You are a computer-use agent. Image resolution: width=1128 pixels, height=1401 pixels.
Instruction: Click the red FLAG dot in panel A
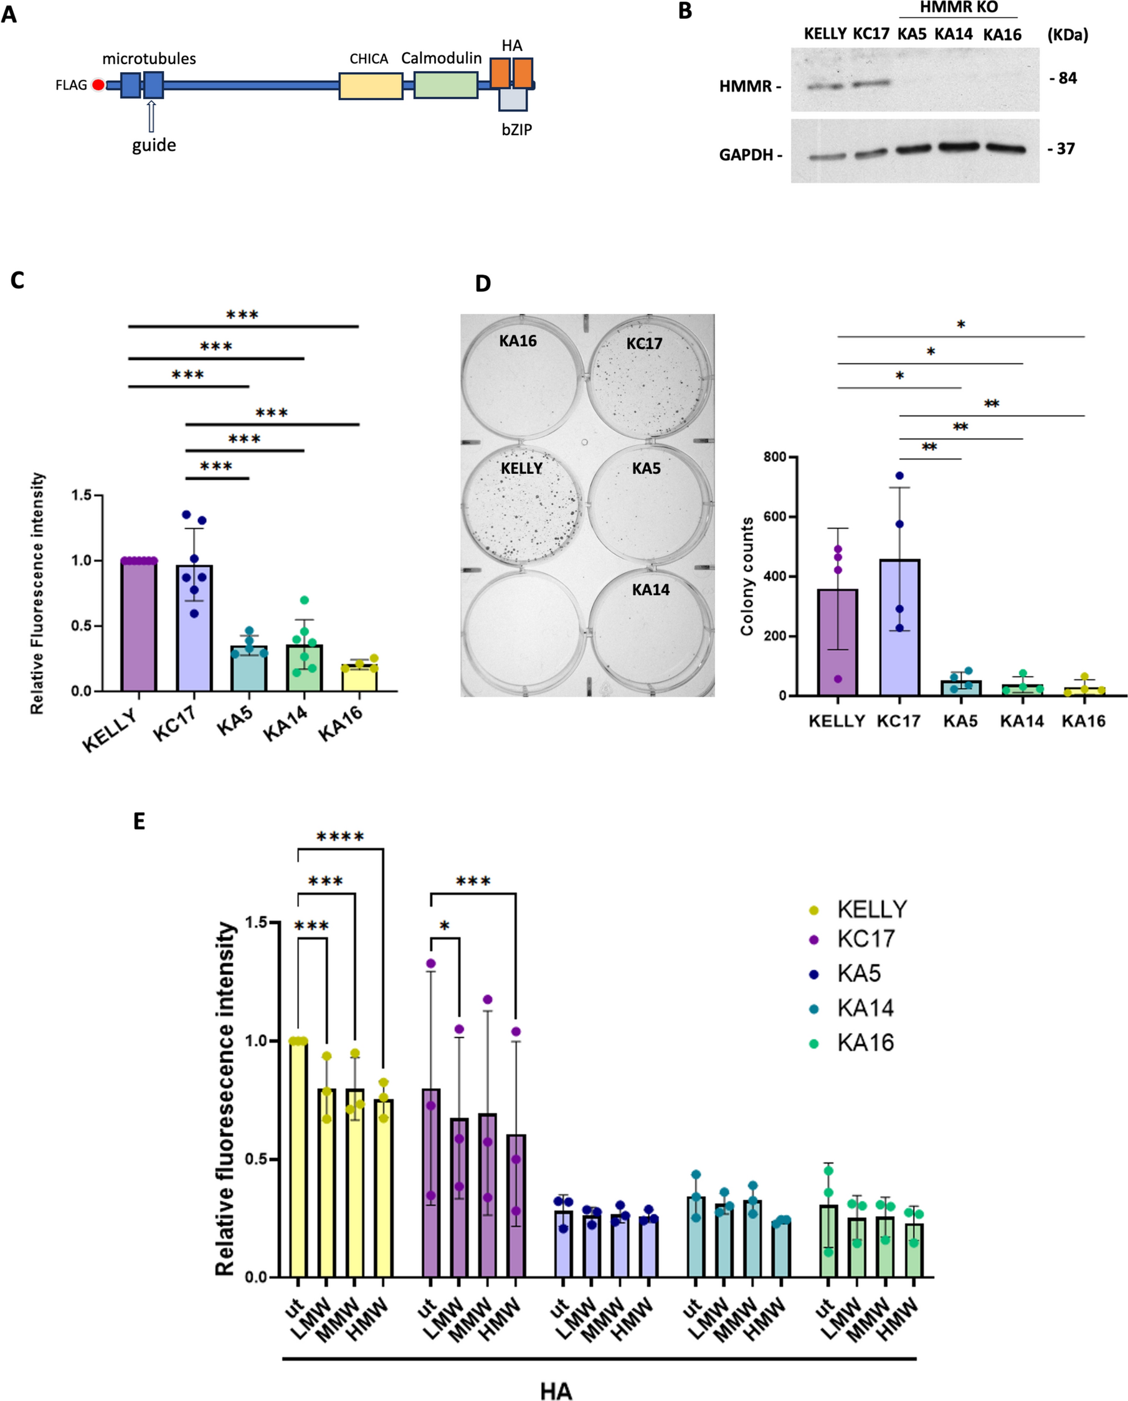pos(98,85)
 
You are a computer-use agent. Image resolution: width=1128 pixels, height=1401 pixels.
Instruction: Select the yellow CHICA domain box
pos(371,86)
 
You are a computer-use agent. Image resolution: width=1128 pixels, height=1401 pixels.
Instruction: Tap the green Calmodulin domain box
pos(445,85)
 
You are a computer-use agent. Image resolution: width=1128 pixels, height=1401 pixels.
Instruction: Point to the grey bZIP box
pos(513,100)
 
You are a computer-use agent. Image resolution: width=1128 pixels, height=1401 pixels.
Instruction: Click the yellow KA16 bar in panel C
pos(359,677)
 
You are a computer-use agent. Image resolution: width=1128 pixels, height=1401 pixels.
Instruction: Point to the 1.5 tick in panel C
pos(82,495)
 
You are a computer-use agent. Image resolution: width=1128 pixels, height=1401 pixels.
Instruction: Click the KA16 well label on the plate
pos(518,341)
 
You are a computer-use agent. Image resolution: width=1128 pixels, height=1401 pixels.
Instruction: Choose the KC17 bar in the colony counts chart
pos(899,627)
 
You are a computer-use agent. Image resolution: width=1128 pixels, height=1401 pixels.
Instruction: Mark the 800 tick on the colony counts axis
pos(775,457)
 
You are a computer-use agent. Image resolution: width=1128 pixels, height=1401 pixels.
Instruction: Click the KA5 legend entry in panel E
pos(858,973)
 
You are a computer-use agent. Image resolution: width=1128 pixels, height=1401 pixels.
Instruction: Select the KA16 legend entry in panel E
pos(865,1043)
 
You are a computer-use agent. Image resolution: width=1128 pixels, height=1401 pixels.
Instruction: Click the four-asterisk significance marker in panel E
pos(340,837)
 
